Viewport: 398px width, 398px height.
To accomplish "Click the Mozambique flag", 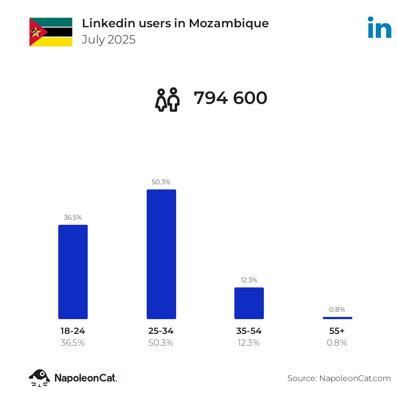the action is pos(51,32).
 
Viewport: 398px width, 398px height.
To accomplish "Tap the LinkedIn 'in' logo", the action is pos(380,27).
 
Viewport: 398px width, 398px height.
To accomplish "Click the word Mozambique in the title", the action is pos(229,23).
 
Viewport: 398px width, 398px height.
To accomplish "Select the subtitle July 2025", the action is pos(109,39).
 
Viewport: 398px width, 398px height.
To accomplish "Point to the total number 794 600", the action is pos(230,98).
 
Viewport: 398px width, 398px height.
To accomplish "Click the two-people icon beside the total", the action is pos(168,100).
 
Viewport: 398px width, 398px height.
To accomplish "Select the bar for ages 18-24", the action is pos(73,272).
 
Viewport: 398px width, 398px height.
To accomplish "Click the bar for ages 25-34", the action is pos(161,254).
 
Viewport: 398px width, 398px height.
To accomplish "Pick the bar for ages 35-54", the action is pos(249,303).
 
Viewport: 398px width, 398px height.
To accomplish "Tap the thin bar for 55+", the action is pos(337,318).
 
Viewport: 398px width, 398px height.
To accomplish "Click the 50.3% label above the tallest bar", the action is pos(161,182).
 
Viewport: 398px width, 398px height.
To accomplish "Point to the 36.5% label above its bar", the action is pos(73,217).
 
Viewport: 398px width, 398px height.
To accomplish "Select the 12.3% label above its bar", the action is pos(249,280).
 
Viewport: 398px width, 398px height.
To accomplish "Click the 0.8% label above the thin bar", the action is pos(337,310).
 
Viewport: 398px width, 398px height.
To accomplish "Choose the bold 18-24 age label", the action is pos(73,331).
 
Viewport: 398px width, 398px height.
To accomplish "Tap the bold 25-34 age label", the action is pos(161,331).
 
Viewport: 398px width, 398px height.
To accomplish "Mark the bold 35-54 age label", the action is pos(249,331).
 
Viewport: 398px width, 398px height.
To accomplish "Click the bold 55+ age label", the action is pos(337,331).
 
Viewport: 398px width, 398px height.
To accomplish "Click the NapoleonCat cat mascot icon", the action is pos(39,378).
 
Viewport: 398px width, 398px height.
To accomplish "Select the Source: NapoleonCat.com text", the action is pos(339,378).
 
